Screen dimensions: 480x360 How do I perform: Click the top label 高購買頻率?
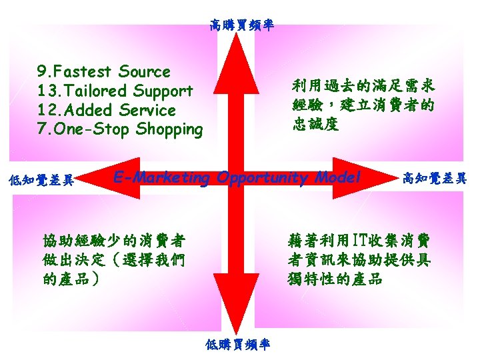(x=241, y=26)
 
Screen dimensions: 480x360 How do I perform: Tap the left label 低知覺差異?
(x=39, y=179)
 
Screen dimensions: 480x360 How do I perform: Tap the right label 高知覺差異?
(x=433, y=178)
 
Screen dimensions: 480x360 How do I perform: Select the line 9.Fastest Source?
(x=103, y=71)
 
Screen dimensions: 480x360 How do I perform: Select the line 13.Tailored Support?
(x=115, y=91)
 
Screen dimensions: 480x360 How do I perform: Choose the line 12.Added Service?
(x=107, y=110)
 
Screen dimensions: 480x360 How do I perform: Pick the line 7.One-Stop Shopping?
(x=120, y=129)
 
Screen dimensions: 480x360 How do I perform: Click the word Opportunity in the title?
(x=264, y=179)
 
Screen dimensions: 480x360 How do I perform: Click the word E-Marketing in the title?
(x=162, y=178)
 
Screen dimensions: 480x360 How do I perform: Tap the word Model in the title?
(x=339, y=178)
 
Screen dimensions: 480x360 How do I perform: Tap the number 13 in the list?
(x=45, y=91)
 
